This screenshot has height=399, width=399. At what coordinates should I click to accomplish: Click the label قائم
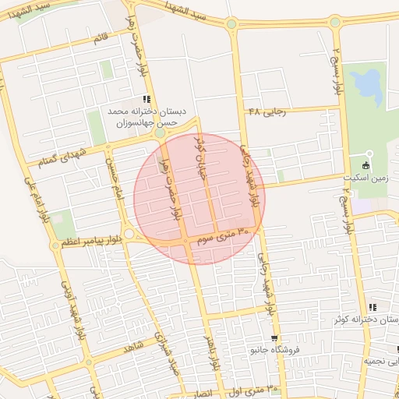click(x=101, y=37)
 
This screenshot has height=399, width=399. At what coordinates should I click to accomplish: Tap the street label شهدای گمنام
click(x=55, y=159)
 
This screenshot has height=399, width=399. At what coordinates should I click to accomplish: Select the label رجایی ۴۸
click(x=267, y=111)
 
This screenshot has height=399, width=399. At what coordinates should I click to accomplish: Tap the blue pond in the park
click(x=365, y=83)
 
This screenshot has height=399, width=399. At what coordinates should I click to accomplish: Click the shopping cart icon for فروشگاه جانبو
click(x=273, y=338)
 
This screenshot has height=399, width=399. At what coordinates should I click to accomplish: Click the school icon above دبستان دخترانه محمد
click(x=146, y=99)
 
